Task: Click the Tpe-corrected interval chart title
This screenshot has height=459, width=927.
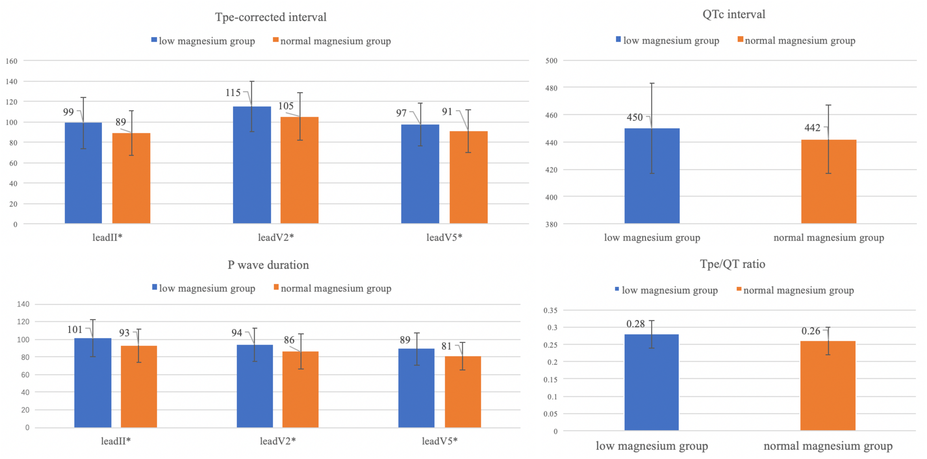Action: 271,17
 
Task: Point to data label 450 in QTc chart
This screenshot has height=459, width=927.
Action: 634,117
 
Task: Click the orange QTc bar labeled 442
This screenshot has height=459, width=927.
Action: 828,182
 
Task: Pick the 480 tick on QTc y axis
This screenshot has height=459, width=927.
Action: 551,88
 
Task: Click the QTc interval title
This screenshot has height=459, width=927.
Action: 733,14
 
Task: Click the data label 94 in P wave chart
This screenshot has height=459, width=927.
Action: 237,333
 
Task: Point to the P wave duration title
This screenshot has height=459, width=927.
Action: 268,265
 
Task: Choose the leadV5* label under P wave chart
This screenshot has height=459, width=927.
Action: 439,441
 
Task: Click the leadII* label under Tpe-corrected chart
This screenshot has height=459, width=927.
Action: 107,237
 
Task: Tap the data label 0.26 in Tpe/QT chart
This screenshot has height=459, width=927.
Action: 811,331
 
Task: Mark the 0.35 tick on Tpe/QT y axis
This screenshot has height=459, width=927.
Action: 550,310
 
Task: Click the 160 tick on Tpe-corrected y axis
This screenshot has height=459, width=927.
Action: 11,61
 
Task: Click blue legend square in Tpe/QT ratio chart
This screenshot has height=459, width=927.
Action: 617,289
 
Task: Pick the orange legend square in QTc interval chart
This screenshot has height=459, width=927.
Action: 740,39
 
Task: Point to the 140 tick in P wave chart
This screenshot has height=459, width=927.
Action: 23,304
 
